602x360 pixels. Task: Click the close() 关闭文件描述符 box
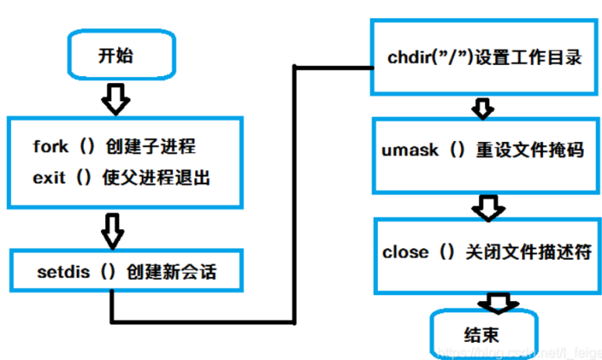486,253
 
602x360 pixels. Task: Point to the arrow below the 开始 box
116,98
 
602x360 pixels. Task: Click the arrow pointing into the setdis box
114,228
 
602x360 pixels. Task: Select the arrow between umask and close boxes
486,206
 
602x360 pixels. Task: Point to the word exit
48,177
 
